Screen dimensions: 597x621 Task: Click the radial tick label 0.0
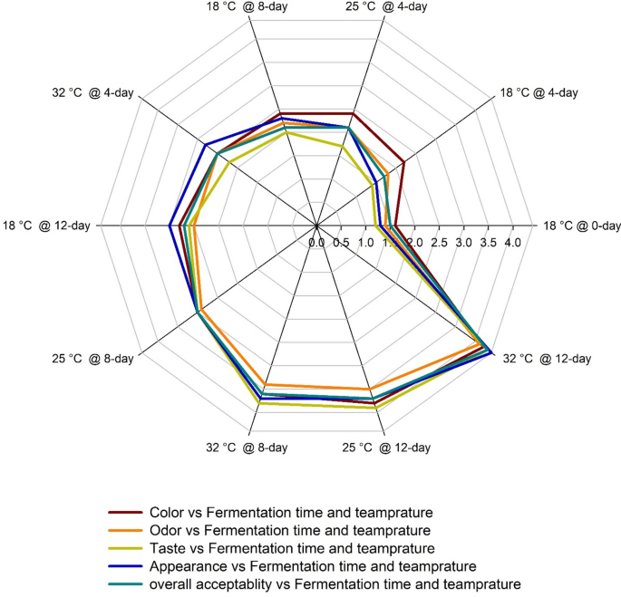316,243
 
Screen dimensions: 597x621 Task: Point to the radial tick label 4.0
512,243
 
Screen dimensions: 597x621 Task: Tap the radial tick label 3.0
463,243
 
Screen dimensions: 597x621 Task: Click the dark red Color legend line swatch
125,511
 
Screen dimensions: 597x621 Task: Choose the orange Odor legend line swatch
125,529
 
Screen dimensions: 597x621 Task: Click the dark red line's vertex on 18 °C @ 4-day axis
403,163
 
